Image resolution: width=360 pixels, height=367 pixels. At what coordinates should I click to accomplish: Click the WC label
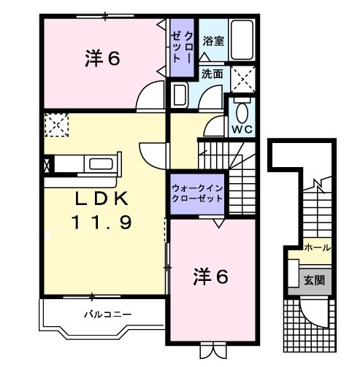tap(242, 129)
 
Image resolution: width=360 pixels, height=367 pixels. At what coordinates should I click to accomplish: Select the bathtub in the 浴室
tap(242, 40)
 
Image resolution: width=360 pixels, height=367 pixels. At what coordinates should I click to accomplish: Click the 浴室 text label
tap(213, 41)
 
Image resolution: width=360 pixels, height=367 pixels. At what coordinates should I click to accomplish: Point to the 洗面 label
tap(212, 74)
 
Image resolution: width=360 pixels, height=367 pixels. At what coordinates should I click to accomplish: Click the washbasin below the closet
tap(180, 95)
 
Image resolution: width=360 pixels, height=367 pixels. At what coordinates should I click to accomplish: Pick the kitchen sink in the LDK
tap(101, 163)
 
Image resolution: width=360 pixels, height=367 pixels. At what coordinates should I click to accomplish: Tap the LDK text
tap(102, 198)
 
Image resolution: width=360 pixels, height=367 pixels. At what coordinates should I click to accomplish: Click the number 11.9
tap(102, 223)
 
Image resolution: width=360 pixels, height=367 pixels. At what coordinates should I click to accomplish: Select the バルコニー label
tap(107, 314)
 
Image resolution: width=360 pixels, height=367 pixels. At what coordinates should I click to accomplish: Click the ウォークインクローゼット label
tap(197, 193)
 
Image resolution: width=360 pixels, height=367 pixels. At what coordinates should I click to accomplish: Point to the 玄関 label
tap(314, 280)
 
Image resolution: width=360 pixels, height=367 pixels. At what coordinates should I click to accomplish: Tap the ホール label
tap(318, 248)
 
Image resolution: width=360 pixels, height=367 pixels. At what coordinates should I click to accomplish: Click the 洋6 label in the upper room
tap(102, 58)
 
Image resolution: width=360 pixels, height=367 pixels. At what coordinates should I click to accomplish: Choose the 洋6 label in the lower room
tap(211, 277)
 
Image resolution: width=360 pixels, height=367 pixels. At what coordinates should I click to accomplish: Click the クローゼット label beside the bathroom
tap(182, 47)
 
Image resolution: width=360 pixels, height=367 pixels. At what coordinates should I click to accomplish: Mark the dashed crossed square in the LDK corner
tap(57, 125)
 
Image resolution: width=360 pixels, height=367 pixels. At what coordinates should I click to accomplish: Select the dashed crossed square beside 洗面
tap(243, 80)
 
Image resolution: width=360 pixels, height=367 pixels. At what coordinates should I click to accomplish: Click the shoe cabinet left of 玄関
tap(294, 273)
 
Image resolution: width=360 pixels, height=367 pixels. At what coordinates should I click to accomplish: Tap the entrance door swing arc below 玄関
tap(309, 316)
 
